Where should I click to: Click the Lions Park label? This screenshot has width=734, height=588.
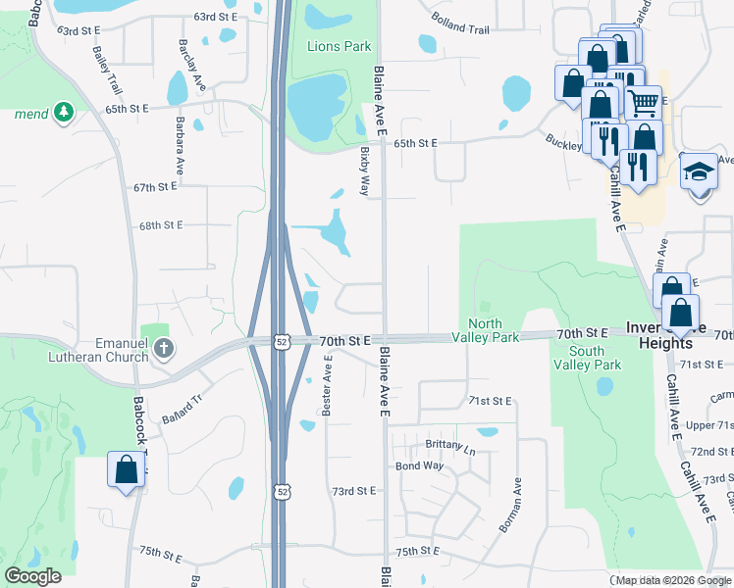[340, 46]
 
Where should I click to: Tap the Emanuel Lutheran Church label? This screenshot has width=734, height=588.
[95, 349]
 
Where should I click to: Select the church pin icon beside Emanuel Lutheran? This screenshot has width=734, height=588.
[164, 348]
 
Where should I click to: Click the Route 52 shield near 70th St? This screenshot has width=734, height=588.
[282, 341]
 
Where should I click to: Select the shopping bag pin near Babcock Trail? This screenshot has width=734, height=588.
[127, 469]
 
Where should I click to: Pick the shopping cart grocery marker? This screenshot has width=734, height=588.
[643, 101]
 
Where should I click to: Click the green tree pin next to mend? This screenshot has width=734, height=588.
[65, 113]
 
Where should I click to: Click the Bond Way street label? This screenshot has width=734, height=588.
[420, 465]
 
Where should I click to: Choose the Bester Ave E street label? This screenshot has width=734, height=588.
[329, 383]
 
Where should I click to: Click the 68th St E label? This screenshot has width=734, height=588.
[161, 224]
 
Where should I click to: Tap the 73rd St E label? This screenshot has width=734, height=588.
[354, 490]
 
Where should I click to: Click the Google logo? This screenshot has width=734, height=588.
[32, 577]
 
